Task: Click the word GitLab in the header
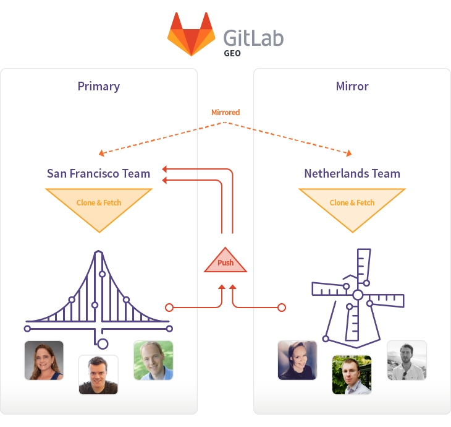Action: pyautogui.click(x=253, y=37)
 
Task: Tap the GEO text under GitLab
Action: pyautogui.click(x=232, y=54)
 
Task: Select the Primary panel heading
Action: pyautogui.click(x=99, y=86)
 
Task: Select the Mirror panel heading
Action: pyautogui.click(x=352, y=86)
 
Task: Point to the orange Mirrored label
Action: pyautogui.click(x=225, y=113)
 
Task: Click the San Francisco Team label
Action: pyautogui.click(x=99, y=173)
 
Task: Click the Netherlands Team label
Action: pyautogui.click(x=352, y=173)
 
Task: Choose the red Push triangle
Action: pyautogui.click(x=225, y=262)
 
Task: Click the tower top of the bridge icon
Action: pyautogui.click(x=98, y=254)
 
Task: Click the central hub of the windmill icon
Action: pyautogui.click(x=358, y=295)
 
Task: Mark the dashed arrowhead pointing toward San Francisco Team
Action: pyautogui.click(x=101, y=153)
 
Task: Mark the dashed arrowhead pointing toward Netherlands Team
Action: pyautogui.click(x=350, y=153)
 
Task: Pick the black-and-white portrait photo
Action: pyautogui.click(x=407, y=360)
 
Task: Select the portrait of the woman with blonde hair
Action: pyautogui.click(x=44, y=360)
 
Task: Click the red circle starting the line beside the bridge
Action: pyautogui.click(x=169, y=307)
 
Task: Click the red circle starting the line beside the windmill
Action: pyautogui.click(x=282, y=307)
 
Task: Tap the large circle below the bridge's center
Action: pyautogui.click(x=103, y=343)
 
